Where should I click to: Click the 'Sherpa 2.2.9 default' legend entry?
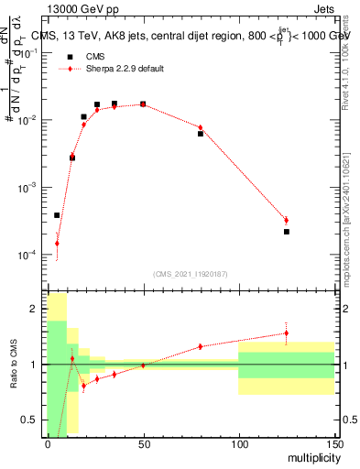point(123,69)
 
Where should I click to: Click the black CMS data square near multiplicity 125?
point(287,232)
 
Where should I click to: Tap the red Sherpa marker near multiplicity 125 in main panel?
point(287,220)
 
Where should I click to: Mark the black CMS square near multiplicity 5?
point(57,215)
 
